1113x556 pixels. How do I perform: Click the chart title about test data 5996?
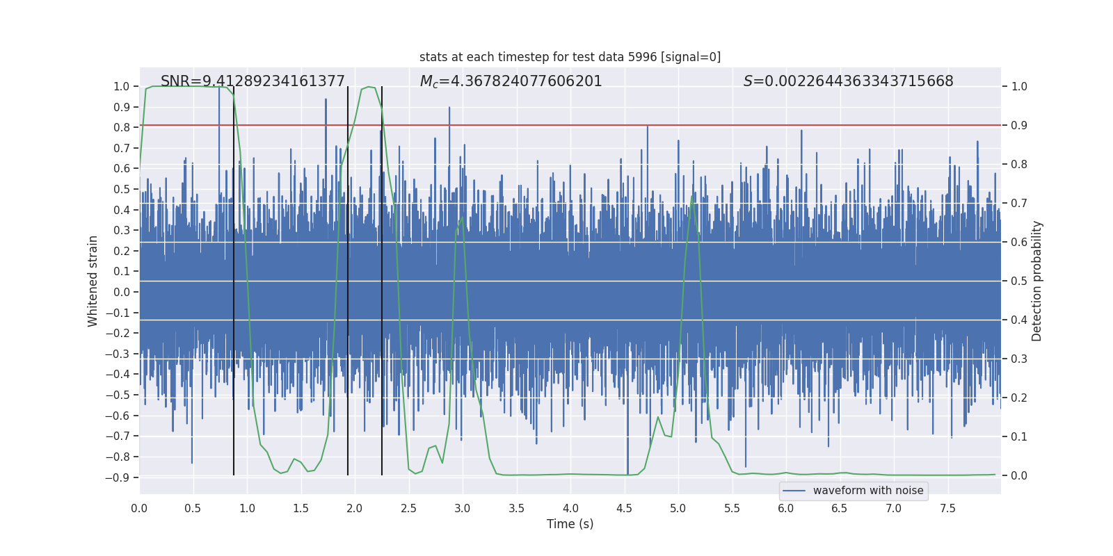pos(570,57)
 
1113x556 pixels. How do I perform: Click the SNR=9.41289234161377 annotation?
pos(253,81)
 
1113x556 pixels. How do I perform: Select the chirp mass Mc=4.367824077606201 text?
pos(511,81)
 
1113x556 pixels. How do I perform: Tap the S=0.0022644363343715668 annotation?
pos(848,81)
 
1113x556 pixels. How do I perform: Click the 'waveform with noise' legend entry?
pos(867,491)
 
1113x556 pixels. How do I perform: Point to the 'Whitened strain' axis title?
pos(93,281)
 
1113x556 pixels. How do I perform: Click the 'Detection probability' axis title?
pos(1037,281)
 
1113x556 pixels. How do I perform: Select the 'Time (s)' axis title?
pos(570,524)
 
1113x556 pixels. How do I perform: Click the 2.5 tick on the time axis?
pos(408,508)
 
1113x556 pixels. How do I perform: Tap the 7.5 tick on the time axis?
pos(947,508)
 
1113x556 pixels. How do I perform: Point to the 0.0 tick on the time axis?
pos(139,508)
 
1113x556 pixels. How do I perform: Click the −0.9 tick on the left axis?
pos(118,477)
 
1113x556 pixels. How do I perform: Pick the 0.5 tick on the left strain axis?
pos(121,189)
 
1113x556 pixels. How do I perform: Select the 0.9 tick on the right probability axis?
pos(1019,125)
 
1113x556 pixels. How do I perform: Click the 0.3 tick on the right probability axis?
pos(1019,359)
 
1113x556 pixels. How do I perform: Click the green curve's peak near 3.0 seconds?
pos(461,216)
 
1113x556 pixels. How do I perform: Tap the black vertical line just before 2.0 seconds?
pos(348,278)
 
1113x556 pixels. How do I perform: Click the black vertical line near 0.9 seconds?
pos(234,278)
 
